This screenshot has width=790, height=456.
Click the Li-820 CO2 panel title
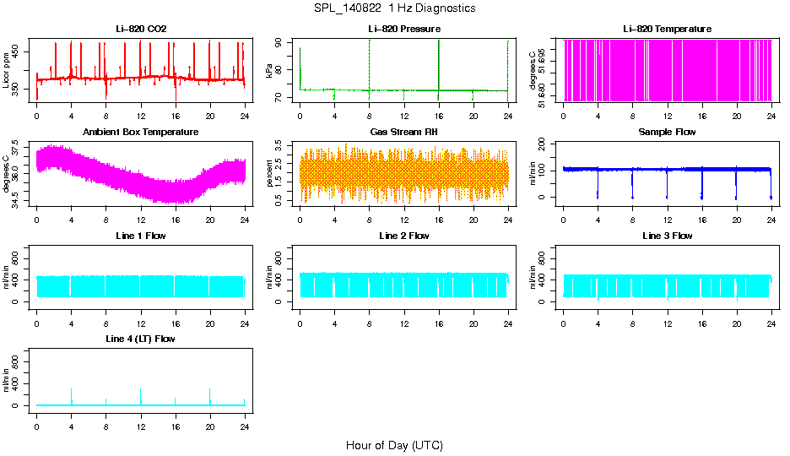(x=141, y=30)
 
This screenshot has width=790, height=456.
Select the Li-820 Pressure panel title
(x=404, y=30)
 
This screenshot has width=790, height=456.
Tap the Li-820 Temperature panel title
(x=667, y=30)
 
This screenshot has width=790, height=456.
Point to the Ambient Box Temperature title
(x=141, y=133)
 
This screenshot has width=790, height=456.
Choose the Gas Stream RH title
(x=404, y=133)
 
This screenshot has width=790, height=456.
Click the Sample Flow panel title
(x=667, y=133)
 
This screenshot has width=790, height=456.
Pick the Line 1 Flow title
(x=141, y=236)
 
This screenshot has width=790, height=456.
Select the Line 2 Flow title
(x=404, y=236)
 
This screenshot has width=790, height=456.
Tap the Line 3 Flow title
(x=667, y=236)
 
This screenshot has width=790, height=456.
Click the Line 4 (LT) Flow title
(x=141, y=339)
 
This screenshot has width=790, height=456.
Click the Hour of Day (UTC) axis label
(x=394, y=445)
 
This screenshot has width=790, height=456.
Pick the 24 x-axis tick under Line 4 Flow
(x=245, y=419)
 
